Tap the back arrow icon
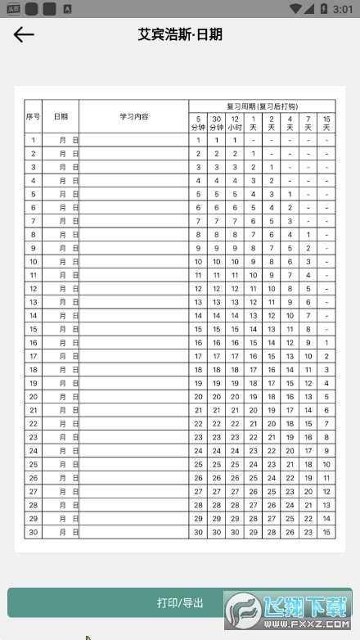coord(24,34)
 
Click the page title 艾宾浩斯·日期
coord(180,34)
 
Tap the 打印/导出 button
coord(180,603)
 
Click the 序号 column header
coord(33,117)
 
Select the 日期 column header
coord(61,117)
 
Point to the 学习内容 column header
coord(133,117)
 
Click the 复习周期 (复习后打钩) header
coord(262,106)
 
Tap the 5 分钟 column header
coord(198,123)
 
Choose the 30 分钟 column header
coord(216,123)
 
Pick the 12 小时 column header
coord(235,123)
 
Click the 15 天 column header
coord(326,123)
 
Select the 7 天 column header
coord(308,123)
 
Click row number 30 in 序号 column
coord(33,532)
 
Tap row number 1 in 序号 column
coord(33,140)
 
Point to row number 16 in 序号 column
coord(33,343)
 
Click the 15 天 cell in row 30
coord(326,532)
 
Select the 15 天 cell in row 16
coord(326,343)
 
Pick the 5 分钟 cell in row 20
coord(198,397)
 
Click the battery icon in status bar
coord(322,9)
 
